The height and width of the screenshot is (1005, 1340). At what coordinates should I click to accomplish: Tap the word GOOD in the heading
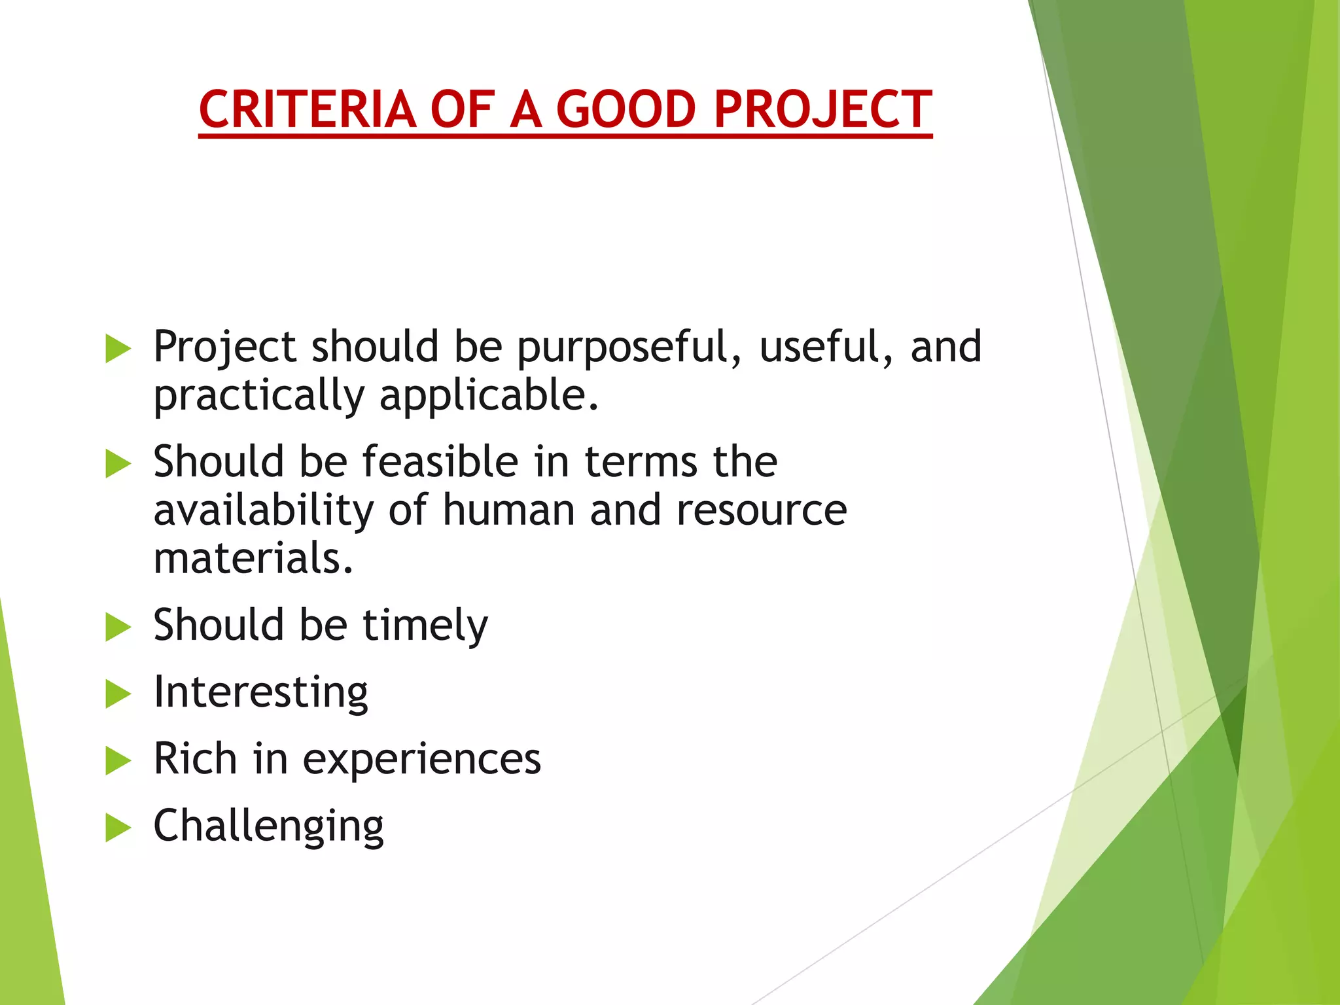point(626,109)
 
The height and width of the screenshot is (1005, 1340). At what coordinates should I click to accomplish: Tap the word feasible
point(440,461)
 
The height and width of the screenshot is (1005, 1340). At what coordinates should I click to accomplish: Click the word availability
point(263,510)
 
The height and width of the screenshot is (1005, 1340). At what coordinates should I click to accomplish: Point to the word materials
point(253,558)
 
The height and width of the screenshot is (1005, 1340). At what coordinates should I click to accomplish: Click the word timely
point(425,626)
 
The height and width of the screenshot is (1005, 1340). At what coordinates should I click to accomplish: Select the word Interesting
point(260,693)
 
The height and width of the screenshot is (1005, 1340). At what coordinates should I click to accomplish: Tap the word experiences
point(422,760)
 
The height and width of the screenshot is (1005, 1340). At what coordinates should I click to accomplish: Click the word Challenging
point(268,827)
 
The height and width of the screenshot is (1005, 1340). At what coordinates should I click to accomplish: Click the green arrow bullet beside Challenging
point(118,828)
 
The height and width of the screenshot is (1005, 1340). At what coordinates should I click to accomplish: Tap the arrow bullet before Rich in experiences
point(118,761)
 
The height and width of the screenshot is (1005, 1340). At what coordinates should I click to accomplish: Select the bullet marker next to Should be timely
point(118,627)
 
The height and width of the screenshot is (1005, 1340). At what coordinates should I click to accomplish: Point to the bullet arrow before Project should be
point(118,348)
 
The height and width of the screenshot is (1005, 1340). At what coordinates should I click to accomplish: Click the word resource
point(761,510)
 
